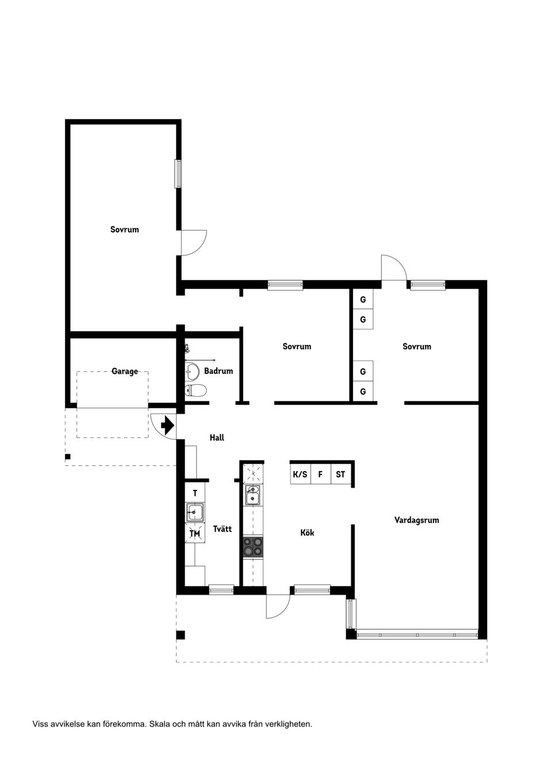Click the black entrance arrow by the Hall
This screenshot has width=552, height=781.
point(167,425)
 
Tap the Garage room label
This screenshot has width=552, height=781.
point(124,372)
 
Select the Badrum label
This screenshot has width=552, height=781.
point(218,370)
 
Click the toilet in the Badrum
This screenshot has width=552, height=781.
point(195,390)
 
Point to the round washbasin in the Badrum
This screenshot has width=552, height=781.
point(191,371)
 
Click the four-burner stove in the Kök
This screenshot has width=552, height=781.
point(253,547)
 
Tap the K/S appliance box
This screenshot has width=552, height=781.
point(300,474)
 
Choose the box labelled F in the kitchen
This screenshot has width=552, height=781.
point(320,474)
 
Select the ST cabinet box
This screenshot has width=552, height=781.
point(340,474)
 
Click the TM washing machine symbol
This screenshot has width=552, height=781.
point(195,533)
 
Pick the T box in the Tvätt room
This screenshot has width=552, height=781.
point(195,493)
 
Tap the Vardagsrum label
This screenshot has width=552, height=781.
point(416,520)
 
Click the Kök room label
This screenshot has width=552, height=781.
point(307,533)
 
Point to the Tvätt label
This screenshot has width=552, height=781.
point(223,529)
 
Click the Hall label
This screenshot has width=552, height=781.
point(217,438)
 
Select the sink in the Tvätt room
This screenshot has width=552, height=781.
point(195,512)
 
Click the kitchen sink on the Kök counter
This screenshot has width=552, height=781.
point(253,495)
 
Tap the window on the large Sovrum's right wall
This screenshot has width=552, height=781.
point(178,174)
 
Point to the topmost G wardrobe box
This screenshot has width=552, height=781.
point(363,299)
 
